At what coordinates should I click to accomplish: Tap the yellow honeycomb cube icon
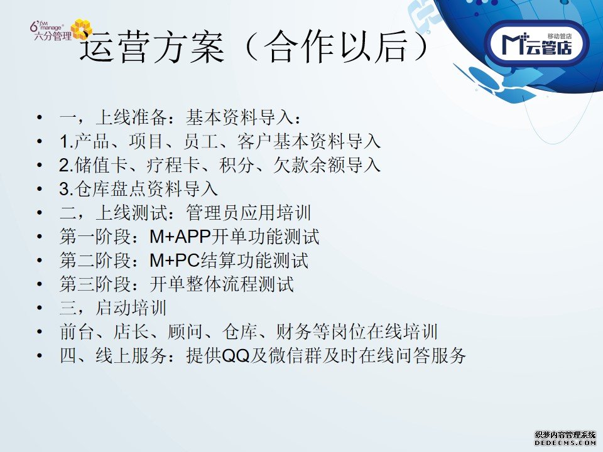tap(82, 28)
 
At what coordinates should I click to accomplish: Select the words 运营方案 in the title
tap(152, 48)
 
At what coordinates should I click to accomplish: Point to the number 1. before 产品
tap(66, 142)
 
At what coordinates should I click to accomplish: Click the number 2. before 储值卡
tap(66, 166)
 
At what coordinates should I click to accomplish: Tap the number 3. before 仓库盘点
tap(66, 190)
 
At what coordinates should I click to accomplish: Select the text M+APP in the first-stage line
tap(180, 237)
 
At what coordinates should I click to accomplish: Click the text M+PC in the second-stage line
tap(175, 261)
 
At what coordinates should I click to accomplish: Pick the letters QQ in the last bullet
tap(236, 356)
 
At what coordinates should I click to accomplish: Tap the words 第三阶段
tap(95, 284)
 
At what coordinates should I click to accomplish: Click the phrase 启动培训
tap(131, 308)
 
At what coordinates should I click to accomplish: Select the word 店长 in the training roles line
tap(131, 332)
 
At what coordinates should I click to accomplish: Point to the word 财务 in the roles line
tap(293, 332)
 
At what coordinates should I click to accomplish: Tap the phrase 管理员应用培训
tap(249, 213)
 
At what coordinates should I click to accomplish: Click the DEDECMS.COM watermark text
tap(565, 443)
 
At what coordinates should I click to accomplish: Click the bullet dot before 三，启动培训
tap(39, 308)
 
